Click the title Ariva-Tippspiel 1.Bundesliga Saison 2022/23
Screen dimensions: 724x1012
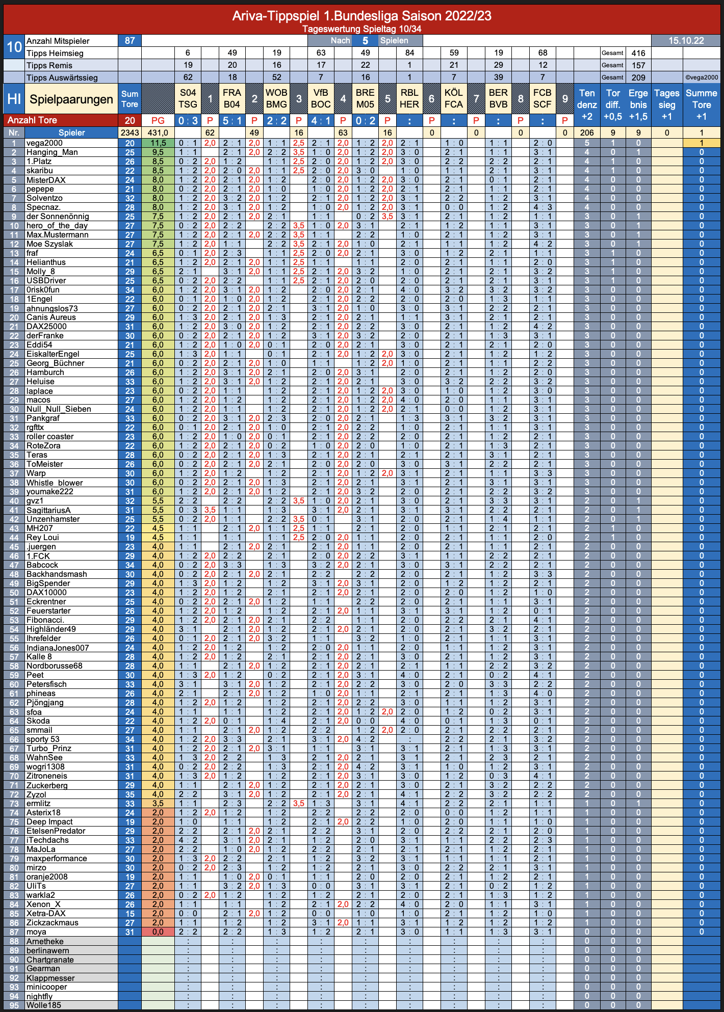click(362, 16)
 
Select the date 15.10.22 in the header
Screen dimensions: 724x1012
click(686, 41)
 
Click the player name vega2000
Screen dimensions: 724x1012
click(45, 143)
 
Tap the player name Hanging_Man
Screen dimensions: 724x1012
click(52, 152)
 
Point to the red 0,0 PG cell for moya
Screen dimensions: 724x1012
click(158, 932)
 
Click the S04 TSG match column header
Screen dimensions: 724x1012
click(188, 98)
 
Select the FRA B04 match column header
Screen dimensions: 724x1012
click(232, 98)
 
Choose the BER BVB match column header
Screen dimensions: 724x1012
click(498, 98)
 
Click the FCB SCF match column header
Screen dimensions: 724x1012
click(542, 98)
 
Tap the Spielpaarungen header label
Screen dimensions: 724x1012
click(71, 99)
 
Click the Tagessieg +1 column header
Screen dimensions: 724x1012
click(667, 105)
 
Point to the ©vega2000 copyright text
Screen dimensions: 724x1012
click(702, 77)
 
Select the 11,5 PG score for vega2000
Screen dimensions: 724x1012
click(158, 143)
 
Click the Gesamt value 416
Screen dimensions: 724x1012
click(638, 53)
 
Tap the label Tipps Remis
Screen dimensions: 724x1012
click(49, 65)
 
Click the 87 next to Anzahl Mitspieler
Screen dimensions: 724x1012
click(130, 41)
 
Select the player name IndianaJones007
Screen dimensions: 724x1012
click(58, 648)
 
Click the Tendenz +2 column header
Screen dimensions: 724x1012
click(587, 105)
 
